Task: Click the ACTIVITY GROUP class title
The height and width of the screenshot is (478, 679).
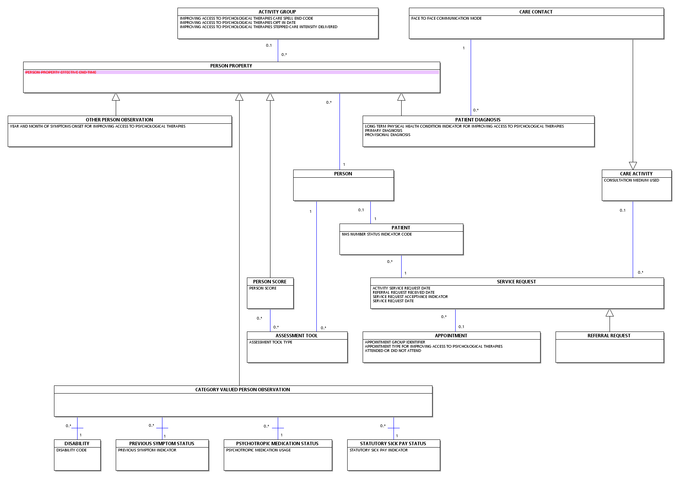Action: click(x=277, y=12)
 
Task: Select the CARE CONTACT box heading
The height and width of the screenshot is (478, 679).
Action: click(x=536, y=12)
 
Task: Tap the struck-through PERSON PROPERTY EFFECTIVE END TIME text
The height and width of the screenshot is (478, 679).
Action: click(x=61, y=72)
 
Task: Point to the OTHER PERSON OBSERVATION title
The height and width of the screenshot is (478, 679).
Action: click(x=119, y=120)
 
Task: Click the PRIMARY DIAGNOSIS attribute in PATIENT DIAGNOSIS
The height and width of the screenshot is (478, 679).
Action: click(x=383, y=131)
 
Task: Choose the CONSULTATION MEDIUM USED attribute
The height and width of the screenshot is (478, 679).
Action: click(x=632, y=180)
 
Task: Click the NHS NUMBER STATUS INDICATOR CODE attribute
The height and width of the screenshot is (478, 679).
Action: click(x=377, y=234)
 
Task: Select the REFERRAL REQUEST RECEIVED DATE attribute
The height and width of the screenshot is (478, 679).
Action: click(x=404, y=293)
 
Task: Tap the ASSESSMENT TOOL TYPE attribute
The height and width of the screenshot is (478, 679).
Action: click(x=270, y=342)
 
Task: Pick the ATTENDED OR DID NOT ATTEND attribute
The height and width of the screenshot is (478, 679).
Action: click(x=393, y=351)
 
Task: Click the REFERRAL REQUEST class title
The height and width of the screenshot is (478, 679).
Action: click(x=609, y=336)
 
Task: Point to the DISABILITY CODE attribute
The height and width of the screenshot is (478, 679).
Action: click(x=71, y=450)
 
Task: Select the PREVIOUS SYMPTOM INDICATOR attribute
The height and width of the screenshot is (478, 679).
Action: click(x=147, y=450)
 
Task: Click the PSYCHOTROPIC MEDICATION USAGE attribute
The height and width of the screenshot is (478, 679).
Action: click(x=258, y=450)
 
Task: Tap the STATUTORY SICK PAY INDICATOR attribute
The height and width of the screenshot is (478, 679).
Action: click(x=378, y=450)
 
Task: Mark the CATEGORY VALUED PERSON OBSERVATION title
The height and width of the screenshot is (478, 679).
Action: click(x=243, y=390)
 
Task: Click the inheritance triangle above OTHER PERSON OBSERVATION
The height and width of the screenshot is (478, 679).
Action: click(x=116, y=97)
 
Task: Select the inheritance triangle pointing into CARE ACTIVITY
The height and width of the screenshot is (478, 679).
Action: click(x=633, y=166)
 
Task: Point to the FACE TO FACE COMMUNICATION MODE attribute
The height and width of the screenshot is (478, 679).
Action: click(x=446, y=19)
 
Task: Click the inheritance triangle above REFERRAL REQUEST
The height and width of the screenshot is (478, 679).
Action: click(x=610, y=313)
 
